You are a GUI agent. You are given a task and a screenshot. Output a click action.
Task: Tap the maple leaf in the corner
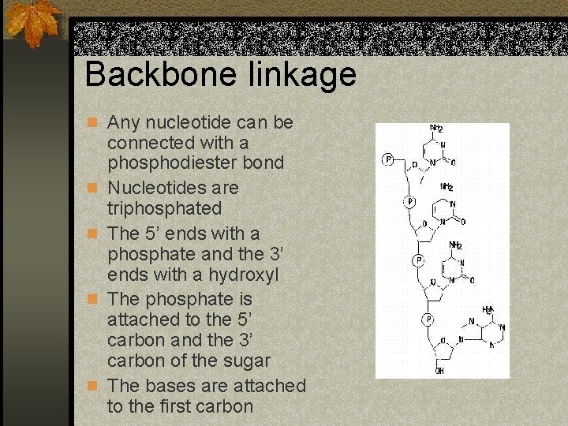click(x=33, y=21)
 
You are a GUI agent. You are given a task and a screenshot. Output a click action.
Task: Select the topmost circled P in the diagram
click(x=387, y=159)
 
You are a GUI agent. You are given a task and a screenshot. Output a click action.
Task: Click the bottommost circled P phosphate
click(x=427, y=319)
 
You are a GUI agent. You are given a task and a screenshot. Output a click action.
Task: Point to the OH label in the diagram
click(x=439, y=370)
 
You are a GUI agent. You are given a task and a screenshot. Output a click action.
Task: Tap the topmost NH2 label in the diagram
click(x=435, y=129)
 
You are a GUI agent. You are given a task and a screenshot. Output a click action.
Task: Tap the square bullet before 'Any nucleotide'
click(x=93, y=123)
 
